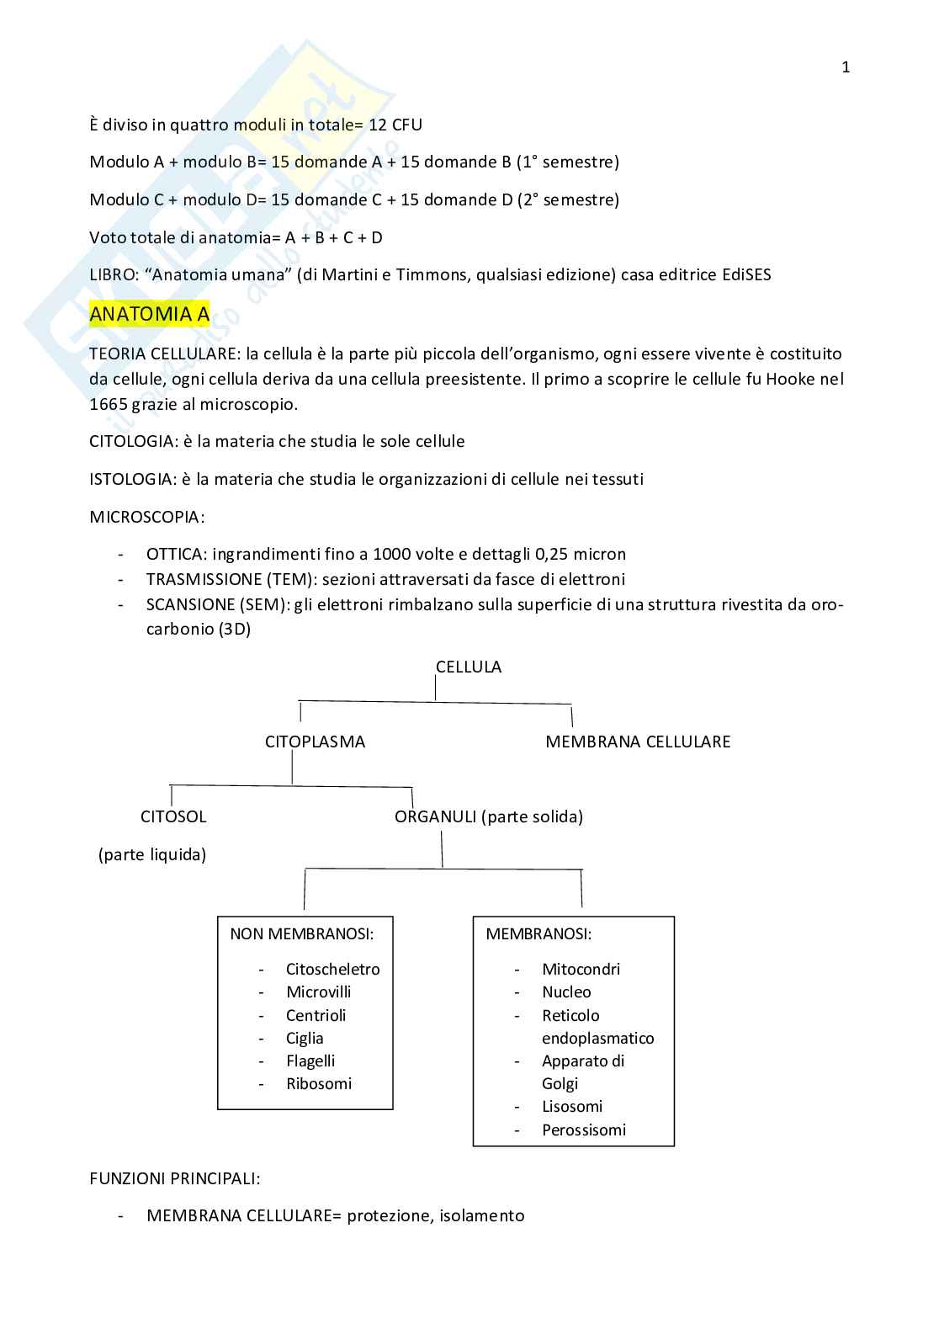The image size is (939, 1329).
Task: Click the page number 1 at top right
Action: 846,67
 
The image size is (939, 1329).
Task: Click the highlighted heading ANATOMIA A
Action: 149,314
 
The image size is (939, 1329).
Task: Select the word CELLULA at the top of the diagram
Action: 468,667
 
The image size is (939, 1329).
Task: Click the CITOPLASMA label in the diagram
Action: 315,742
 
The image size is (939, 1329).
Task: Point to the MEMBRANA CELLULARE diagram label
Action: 638,742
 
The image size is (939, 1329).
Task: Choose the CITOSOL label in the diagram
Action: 173,816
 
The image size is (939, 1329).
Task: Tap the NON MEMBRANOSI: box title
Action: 301,933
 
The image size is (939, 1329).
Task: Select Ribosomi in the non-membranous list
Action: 319,1084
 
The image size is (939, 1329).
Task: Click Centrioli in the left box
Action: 316,1015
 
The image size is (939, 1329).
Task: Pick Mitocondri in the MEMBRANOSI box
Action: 581,969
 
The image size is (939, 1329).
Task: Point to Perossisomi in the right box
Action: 584,1130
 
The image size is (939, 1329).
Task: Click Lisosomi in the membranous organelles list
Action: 572,1107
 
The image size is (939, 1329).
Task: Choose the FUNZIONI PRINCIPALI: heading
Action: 174,1178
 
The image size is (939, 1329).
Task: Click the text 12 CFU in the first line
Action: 395,125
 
